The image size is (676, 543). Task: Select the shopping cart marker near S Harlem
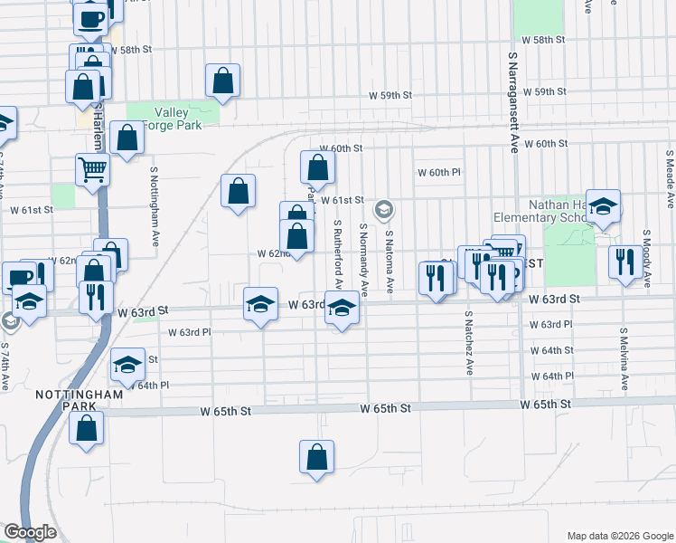[93, 168]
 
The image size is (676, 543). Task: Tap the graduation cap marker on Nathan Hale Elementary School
[603, 206]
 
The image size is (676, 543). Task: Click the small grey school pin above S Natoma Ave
[384, 211]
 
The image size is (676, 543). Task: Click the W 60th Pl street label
[439, 172]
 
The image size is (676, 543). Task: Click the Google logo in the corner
[30, 533]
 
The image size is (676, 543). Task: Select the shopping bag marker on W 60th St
[317, 167]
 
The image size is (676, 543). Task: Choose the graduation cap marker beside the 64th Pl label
[127, 364]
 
